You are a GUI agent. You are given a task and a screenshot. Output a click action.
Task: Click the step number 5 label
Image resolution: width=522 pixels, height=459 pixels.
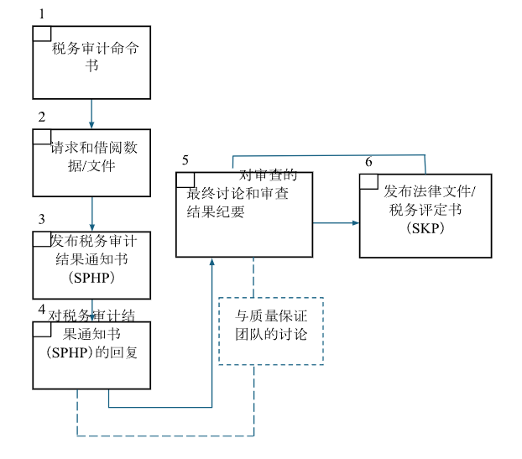coord(185,160)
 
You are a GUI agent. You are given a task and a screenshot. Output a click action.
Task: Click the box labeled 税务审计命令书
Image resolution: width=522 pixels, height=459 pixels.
coord(91,62)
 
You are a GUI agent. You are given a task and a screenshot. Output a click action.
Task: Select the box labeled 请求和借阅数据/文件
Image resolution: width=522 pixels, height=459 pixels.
coord(91,162)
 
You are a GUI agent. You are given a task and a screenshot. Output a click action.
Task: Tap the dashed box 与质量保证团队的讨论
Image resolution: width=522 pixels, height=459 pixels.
coord(270,331)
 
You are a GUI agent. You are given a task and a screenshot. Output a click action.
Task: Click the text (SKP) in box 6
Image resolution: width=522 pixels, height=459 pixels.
coord(424,227)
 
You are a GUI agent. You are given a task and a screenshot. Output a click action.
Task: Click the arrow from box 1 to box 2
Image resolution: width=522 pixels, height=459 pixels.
coord(91,113)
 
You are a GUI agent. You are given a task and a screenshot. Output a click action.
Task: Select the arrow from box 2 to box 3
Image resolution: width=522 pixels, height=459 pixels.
coord(91,213)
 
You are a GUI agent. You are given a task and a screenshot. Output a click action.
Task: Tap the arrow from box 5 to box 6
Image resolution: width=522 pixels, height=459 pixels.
coord(336,223)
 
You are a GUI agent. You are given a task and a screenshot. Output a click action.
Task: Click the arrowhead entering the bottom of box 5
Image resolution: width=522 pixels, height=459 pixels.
coord(211,263)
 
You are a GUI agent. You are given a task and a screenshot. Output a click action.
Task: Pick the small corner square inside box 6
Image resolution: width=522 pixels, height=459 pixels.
coord(369,181)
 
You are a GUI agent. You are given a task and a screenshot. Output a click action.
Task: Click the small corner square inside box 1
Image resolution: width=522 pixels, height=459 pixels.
coord(42,33)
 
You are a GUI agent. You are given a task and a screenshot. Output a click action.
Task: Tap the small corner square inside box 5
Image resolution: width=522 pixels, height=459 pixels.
coord(185,180)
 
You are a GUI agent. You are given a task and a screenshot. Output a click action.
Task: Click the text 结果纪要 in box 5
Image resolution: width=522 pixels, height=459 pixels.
coord(216,211)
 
